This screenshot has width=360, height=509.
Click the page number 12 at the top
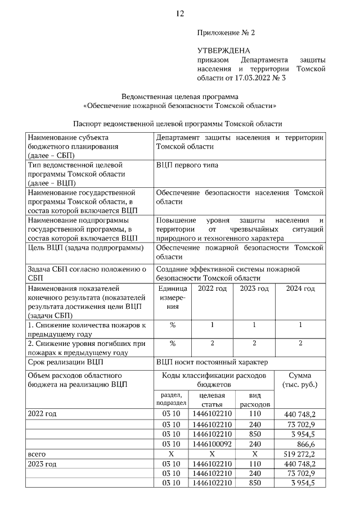coord(180,13)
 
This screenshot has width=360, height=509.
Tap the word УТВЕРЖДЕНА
coord(224,51)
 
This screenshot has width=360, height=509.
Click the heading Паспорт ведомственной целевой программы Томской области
coord(177,123)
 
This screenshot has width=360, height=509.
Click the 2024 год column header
coord(300,289)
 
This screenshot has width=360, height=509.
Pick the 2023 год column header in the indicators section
coord(254,289)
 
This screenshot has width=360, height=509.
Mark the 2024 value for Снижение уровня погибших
coord(300,343)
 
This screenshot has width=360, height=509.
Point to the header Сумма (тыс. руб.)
coord(300,380)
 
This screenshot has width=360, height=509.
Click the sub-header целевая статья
coord(212,400)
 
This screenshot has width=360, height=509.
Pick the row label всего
coord(37,453)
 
